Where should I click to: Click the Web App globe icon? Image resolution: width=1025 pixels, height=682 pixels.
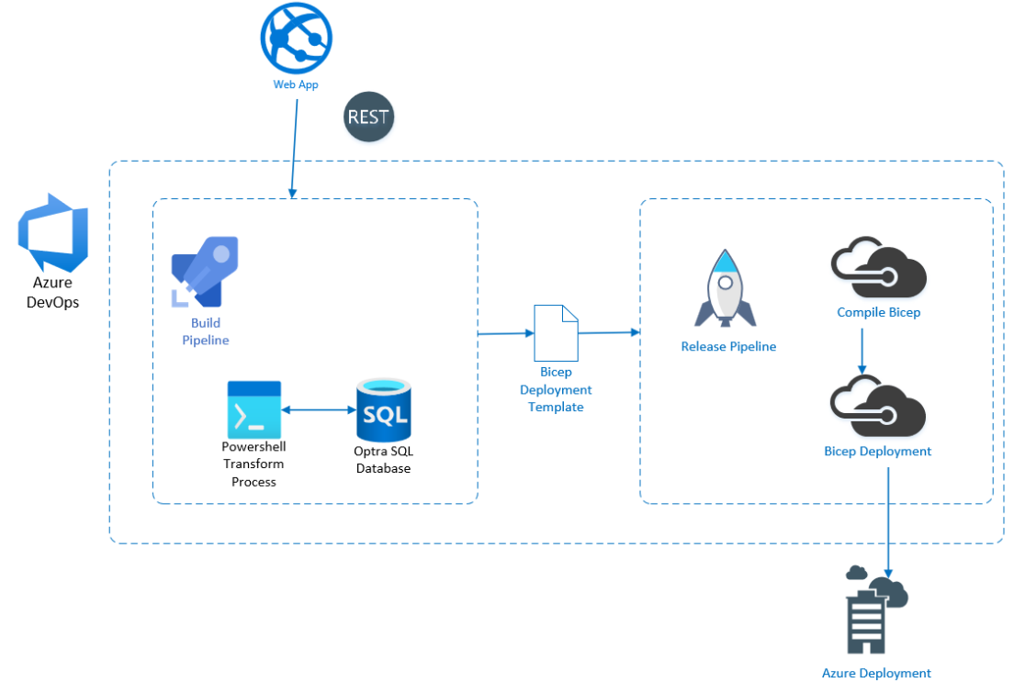click(x=296, y=38)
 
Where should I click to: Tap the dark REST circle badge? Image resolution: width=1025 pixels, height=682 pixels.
click(x=368, y=117)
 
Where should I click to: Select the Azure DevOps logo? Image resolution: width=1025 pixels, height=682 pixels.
click(x=53, y=232)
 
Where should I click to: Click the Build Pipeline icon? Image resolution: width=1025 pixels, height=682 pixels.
click(x=205, y=272)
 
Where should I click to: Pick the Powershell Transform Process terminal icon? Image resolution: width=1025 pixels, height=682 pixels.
click(x=254, y=409)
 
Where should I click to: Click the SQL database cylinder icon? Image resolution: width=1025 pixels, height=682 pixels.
click(x=384, y=409)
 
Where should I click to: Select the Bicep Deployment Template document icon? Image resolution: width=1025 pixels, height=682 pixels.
click(x=557, y=333)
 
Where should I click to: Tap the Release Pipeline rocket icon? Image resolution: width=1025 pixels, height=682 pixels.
click(x=725, y=288)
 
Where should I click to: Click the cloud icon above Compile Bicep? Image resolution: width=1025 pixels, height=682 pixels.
click(x=879, y=268)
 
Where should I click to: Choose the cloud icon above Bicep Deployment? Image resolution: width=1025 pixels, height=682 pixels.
click(x=878, y=407)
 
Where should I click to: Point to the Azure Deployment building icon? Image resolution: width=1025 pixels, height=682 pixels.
click(x=876, y=609)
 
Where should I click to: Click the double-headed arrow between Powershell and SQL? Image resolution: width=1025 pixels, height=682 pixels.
click(x=319, y=409)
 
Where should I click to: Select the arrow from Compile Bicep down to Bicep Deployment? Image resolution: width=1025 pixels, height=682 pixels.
click(x=862, y=351)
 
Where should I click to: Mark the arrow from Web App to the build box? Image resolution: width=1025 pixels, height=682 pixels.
click(x=295, y=149)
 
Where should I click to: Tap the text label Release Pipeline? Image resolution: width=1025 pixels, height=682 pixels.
click(x=729, y=346)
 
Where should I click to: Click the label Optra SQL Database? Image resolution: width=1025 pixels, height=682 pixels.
click(x=384, y=459)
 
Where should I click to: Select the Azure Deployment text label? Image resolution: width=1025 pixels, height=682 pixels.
click(x=876, y=673)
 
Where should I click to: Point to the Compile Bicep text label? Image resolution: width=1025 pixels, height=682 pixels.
click(x=879, y=312)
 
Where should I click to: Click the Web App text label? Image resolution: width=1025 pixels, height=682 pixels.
click(x=296, y=84)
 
